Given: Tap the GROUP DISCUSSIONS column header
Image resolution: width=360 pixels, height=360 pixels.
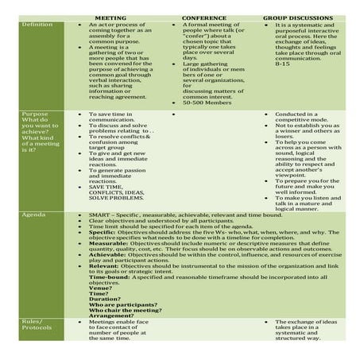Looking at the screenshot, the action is click(304, 17).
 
